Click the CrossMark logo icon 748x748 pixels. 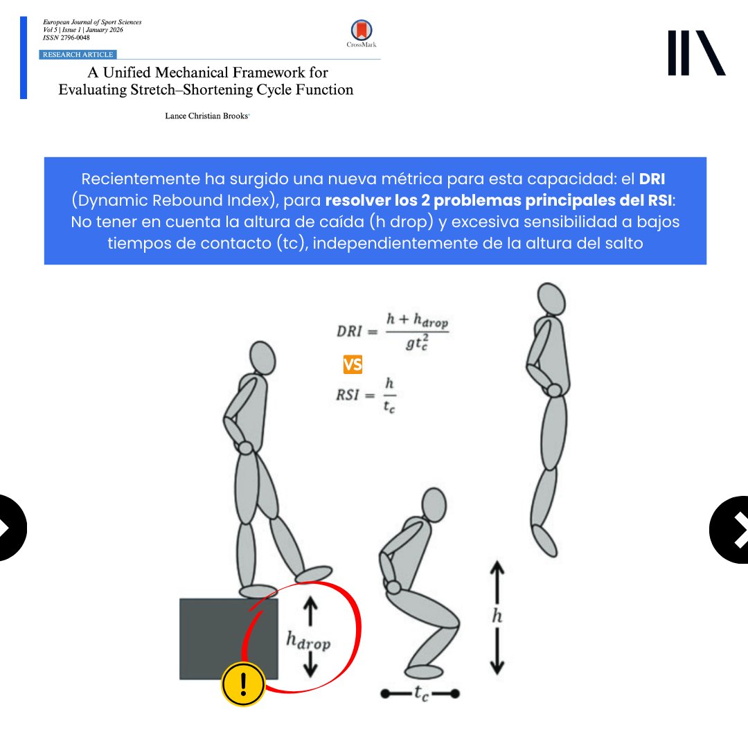(x=360, y=30)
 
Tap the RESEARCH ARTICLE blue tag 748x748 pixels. (x=78, y=54)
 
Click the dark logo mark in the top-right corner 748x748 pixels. (x=696, y=53)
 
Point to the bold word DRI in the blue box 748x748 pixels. (x=652, y=179)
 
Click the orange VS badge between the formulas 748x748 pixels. (x=353, y=365)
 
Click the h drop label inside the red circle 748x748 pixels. (x=308, y=641)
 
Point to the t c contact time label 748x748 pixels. (x=420, y=694)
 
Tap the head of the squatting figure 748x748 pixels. (x=434, y=506)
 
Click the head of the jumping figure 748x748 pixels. (x=551, y=299)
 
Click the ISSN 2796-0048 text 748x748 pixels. (x=66, y=37)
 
